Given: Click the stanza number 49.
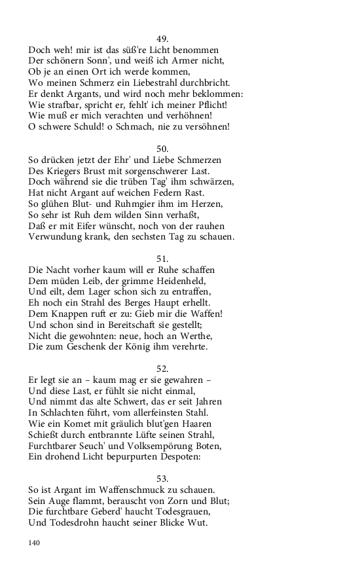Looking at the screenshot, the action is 163,39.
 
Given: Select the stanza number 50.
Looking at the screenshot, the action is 163,149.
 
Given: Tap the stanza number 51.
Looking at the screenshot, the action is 163,259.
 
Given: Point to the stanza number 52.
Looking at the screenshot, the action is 163,369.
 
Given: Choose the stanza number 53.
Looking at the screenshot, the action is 163,478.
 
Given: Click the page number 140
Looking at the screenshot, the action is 35,543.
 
